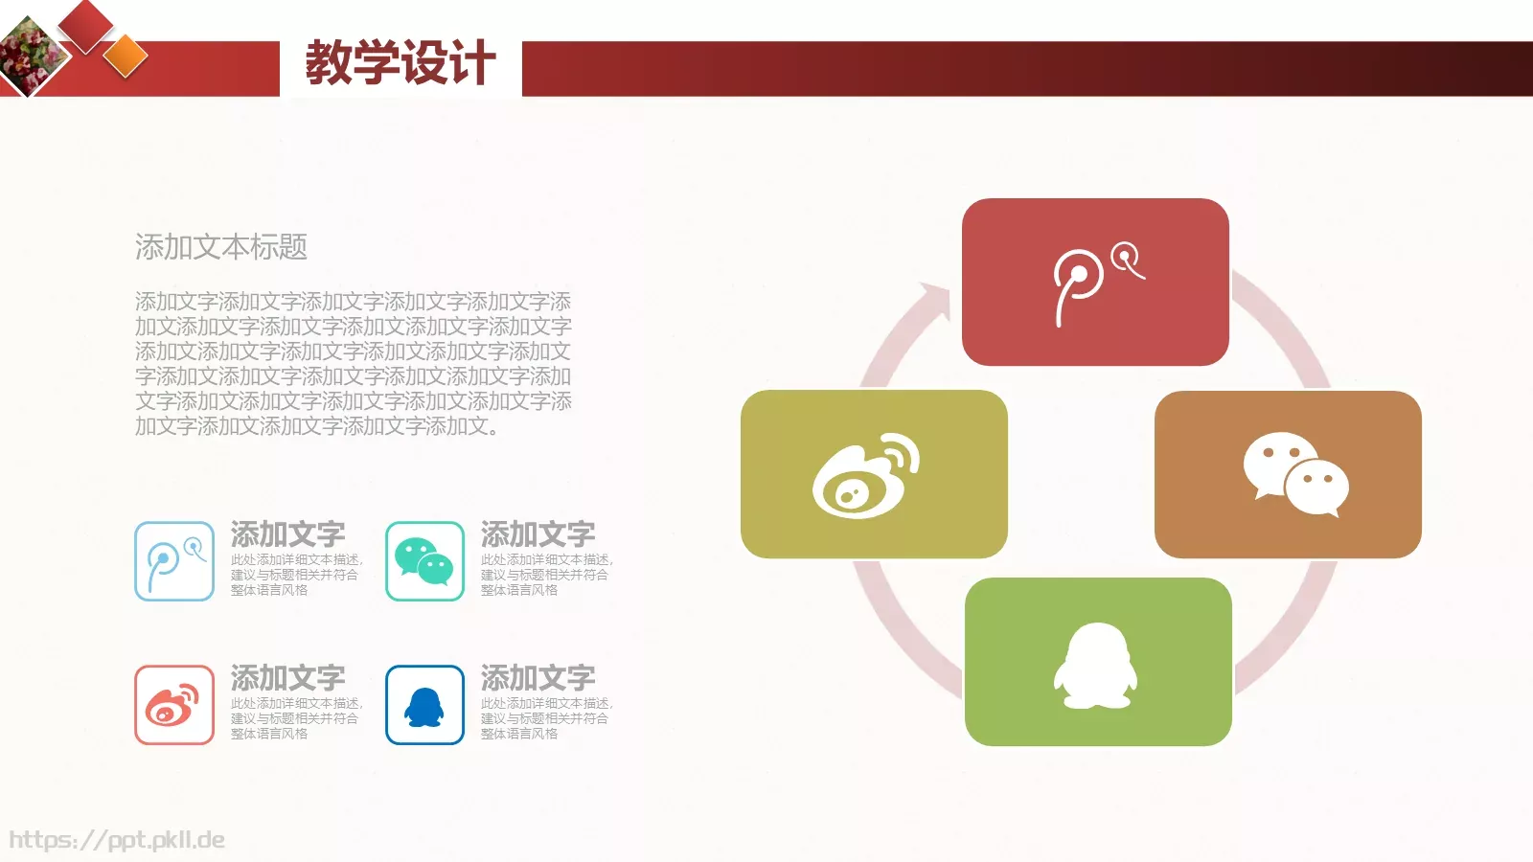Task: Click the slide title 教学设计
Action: (x=400, y=63)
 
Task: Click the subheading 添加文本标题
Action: (x=220, y=247)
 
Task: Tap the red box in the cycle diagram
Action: (x=1095, y=282)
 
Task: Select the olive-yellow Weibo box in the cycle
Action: (x=874, y=473)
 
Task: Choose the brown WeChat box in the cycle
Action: (x=1288, y=474)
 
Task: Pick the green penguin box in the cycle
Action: (x=1098, y=661)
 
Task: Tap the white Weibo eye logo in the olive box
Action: (x=863, y=476)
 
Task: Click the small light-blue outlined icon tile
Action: (x=174, y=561)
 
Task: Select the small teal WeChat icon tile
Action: (x=424, y=561)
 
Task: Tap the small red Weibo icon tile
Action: (x=174, y=705)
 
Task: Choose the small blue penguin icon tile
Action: (x=424, y=705)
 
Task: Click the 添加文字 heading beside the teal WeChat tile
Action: (x=538, y=533)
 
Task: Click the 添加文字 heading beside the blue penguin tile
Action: (x=538, y=677)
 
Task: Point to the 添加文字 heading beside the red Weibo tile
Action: (x=287, y=677)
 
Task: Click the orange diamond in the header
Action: (x=126, y=56)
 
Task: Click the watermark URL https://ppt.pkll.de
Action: (x=117, y=840)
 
